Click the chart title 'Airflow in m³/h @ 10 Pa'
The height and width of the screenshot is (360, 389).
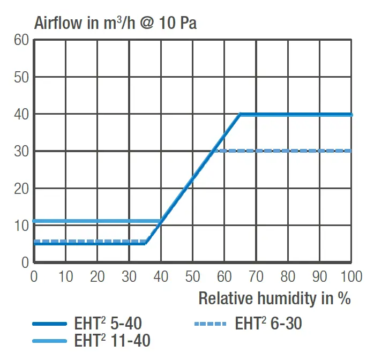pyautogui.click(x=115, y=23)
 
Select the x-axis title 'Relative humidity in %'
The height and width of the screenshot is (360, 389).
pyautogui.click(x=274, y=298)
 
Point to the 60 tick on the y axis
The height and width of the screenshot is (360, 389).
pyautogui.click(x=21, y=40)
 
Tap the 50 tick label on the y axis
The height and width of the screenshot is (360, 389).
pyautogui.click(x=21, y=77)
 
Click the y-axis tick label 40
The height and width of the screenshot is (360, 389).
pyautogui.click(x=21, y=114)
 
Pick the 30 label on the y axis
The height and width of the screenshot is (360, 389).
pyautogui.click(x=21, y=152)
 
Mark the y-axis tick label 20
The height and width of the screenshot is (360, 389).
pyautogui.click(x=21, y=189)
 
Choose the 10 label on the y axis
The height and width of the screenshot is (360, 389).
pyautogui.click(x=21, y=226)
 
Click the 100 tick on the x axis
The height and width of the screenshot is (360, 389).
pyautogui.click(x=351, y=276)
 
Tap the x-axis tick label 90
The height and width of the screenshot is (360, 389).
pyautogui.click(x=319, y=276)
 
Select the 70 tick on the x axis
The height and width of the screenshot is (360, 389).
pyautogui.click(x=256, y=276)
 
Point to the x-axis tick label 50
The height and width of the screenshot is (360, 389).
pyautogui.click(x=192, y=276)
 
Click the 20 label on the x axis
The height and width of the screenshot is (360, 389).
pyautogui.click(x=97, y=276)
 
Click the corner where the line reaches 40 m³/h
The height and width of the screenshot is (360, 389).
pyautogui.click(x=241, y=114)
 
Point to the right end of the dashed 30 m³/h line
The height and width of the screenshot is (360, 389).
pyautogui.click(x=351, y=151)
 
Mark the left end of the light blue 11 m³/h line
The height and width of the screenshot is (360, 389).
pyautogui.click(x=35, y=221)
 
